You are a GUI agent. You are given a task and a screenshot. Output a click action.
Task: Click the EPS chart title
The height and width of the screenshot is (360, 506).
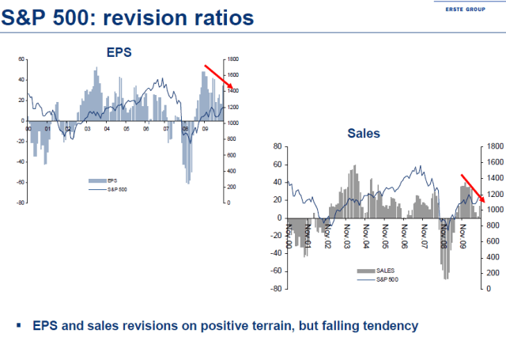coord(119,52)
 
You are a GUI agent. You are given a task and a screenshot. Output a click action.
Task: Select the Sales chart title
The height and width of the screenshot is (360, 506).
coord(364,134)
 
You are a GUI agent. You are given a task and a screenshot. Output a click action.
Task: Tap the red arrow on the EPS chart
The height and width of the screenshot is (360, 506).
coord(218,76)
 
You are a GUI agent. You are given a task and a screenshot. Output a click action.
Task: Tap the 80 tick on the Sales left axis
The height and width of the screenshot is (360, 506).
coord(278,146)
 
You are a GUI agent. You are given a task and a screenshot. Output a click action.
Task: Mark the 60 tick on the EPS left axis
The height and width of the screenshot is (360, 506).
coord(21,59)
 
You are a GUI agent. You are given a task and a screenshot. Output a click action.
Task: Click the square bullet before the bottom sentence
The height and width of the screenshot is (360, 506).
coord(19,326)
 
